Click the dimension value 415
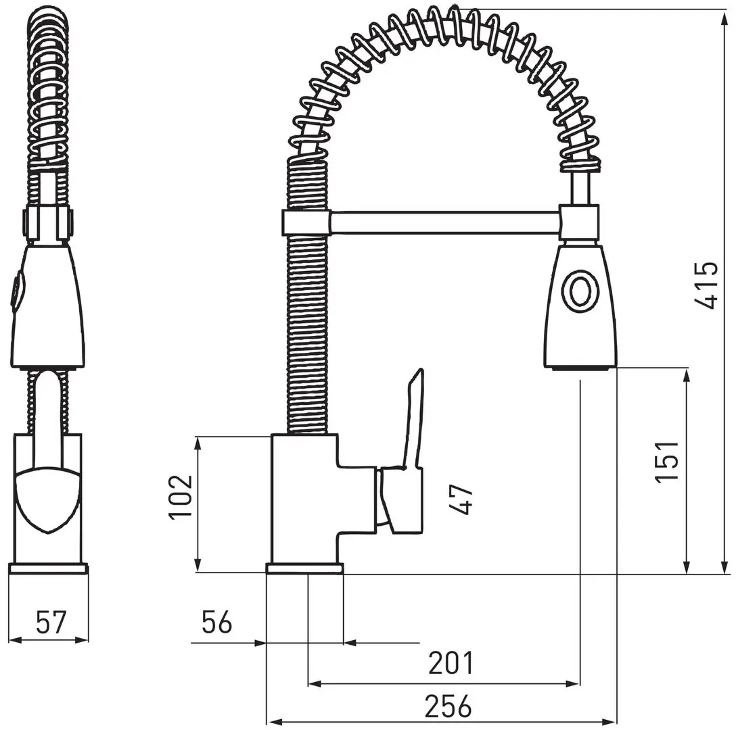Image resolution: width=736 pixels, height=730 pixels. (x=707, y=285)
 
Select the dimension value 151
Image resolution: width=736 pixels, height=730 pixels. (x=668, y=461)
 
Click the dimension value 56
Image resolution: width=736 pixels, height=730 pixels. (x=216, y=622)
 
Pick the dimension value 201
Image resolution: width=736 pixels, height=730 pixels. (x=451, y=663)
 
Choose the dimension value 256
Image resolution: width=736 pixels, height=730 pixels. (x=448, y=706)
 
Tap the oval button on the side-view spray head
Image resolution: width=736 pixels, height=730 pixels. (x=580, y=292)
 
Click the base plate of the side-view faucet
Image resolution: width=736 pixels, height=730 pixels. (x=304, y=568)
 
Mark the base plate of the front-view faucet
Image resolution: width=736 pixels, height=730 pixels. (x=48, y=568)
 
